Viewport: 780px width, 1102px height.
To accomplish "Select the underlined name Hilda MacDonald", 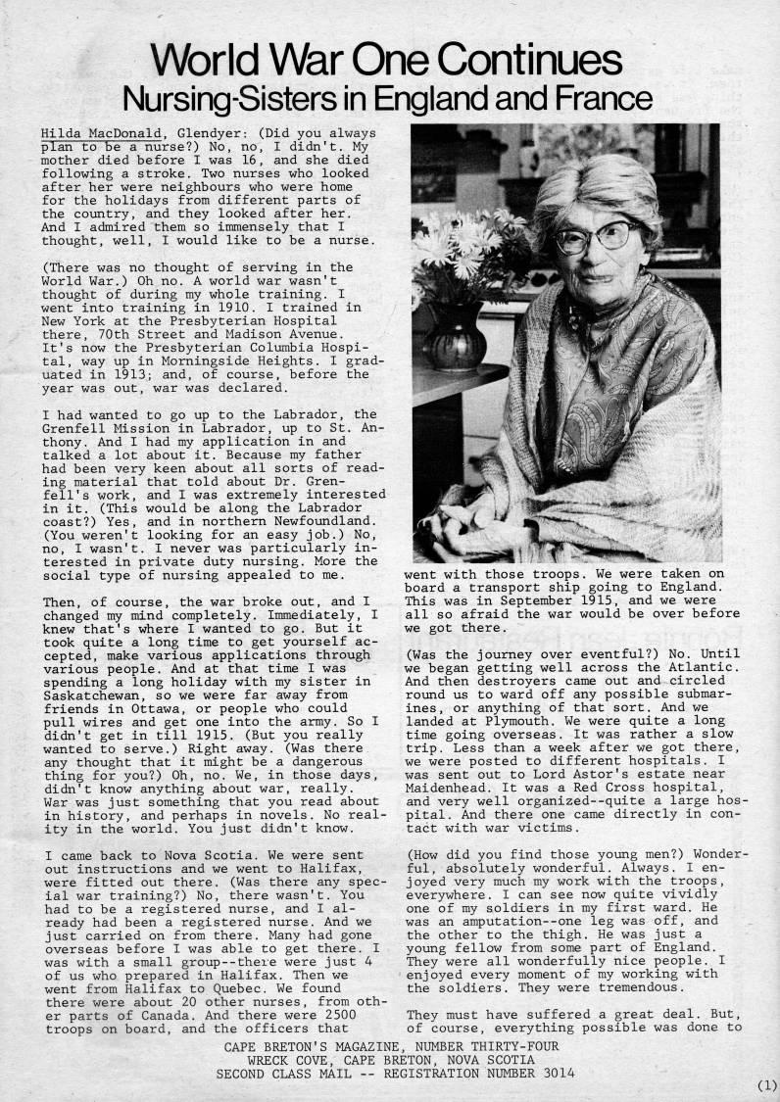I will pyautogui.click(x=95, y=131).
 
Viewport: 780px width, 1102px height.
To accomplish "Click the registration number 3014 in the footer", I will pyautogui.click(x=561, y=1073).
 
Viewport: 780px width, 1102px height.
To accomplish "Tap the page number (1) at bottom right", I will pyautogui.click(x=765, y=1085).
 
